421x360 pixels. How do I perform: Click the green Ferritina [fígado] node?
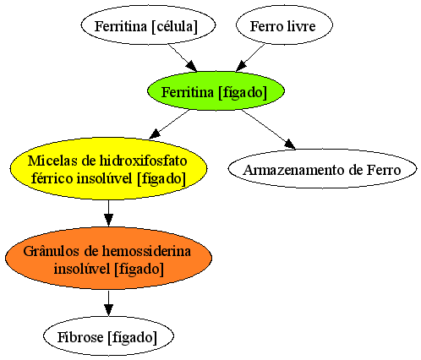pyautogui.click(x=216, y=90)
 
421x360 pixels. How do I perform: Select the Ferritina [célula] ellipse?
pyautogui.click(x=148, y=25)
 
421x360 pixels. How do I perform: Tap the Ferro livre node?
pyautogui.click(x=284, y=25)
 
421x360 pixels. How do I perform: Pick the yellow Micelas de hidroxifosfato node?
pyautogui.click(x=108, y=169)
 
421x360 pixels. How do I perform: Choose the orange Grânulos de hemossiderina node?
pyautogui.click(x=108, y=258)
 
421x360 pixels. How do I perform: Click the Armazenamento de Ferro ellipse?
pyautogui.click(x=322, y=169)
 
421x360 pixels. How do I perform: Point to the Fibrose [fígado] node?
pyautogui.click(x=108, y=335)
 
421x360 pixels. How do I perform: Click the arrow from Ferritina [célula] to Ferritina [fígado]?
pyautogui.click(x=183, y=57)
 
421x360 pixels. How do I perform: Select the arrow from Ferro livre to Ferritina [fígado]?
pyautogui.click(x=250, y=57)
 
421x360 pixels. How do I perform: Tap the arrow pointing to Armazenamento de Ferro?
pyautogui.click(x=268, y=129)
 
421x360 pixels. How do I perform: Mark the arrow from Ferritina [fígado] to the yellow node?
pyautogui.click(x=169, y=124)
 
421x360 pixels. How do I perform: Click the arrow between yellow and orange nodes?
pyautogui.click(x=108, y=213)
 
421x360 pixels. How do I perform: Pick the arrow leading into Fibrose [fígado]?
pyautogui.click(x=108, y=303)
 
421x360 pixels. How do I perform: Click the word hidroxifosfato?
pyautogui.click(x=143, y=161)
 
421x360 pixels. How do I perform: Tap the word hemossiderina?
pyautogui.click(x=146, y=251)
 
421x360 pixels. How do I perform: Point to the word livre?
pyautogui.click(x=301, y=26)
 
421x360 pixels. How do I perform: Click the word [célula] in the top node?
pyautogui.click(x=174, y=26)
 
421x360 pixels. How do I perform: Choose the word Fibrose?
pyautogui.click(x=80, y=337)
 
